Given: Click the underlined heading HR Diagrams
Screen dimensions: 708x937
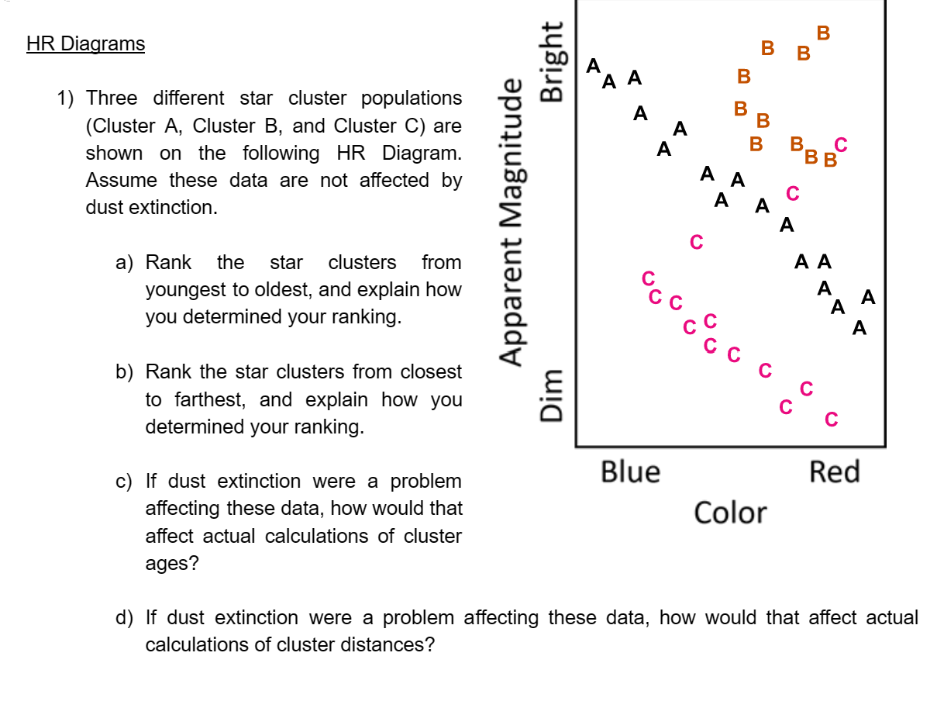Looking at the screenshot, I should pyautogui.click(x=85, y=43).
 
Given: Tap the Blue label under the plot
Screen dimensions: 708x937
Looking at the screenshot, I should pyautogui.click(x=630, y=471).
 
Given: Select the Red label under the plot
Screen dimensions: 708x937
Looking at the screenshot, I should pyautogui.click(x=834, y=471).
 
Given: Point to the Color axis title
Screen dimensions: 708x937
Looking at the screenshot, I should pyautogui.click(x=730, y=513).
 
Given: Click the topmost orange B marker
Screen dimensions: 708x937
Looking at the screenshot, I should pyautogui.click(x=823, y=33).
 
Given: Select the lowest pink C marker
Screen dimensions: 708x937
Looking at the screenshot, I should pyautogui.click(x=832, y=420).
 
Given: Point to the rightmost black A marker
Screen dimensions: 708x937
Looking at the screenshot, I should pyautogui.click(x=867, y=297).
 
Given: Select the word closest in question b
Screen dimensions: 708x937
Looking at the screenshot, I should pyautogui.click(x=430, y=372).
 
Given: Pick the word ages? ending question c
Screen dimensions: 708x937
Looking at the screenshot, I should pyautogui.click(x=171, y=564).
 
